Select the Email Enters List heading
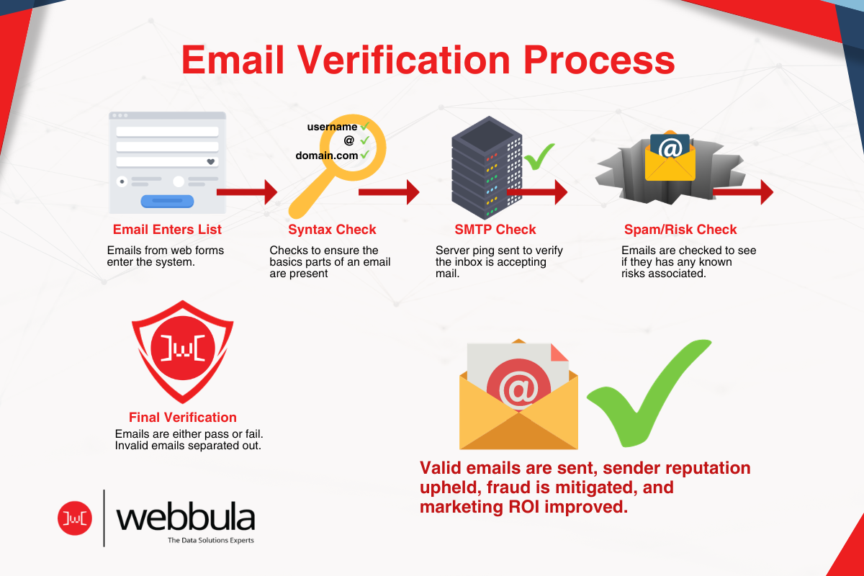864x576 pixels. click(167, 230)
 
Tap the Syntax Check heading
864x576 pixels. click(332, 230)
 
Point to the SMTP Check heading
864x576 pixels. click(495, 230)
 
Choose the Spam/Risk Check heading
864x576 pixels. click(680, 230)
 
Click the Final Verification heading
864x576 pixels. click(183, 417)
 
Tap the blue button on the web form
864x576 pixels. click(167, 201)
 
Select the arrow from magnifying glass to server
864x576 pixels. click(389, 192)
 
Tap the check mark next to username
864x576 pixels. click(365, 127)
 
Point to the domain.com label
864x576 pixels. click(327, 155)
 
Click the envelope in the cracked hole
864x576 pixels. click(670, 156)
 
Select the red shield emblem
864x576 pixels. click(183, 353)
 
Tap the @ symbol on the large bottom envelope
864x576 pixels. click(520, 390)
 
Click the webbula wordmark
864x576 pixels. click(185, 517)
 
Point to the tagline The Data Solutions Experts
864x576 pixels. click(210, 540)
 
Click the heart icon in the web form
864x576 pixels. click(211, 162)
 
